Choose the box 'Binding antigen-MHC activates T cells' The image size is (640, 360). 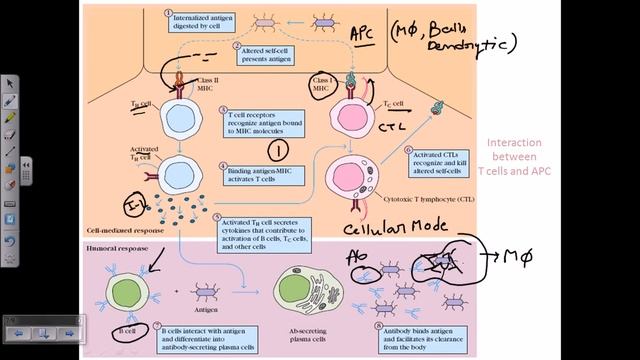[264, 176]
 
